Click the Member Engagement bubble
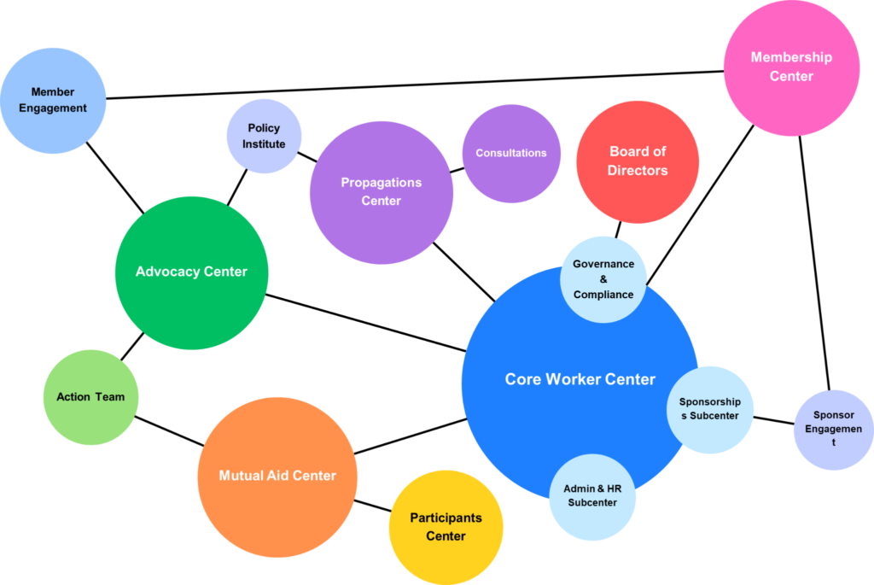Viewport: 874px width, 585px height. click(53, 101)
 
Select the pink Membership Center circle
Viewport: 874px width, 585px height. click(790, 67)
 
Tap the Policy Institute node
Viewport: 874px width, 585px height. click(263, 137)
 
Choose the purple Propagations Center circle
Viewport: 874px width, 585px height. click(381, 192)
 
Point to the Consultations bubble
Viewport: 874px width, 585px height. click(510, 154)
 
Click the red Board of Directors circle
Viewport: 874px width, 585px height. click(638, 161)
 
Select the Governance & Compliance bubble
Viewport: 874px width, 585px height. click(603, 279)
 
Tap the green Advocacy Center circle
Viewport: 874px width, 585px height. click(191, 272)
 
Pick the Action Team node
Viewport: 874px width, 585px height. click(90, 397)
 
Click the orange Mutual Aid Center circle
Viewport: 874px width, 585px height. click(277, 476)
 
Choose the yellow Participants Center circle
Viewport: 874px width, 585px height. click(446, 527)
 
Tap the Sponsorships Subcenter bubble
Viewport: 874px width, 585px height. click(709, 408)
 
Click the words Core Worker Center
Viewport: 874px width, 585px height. click(580, 379)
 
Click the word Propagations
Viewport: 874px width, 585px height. click(381, 182)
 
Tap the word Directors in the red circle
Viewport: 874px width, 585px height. click(638, 171)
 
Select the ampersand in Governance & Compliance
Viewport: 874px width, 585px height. click(603, 279)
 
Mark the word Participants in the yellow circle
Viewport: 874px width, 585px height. click(446, 518)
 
